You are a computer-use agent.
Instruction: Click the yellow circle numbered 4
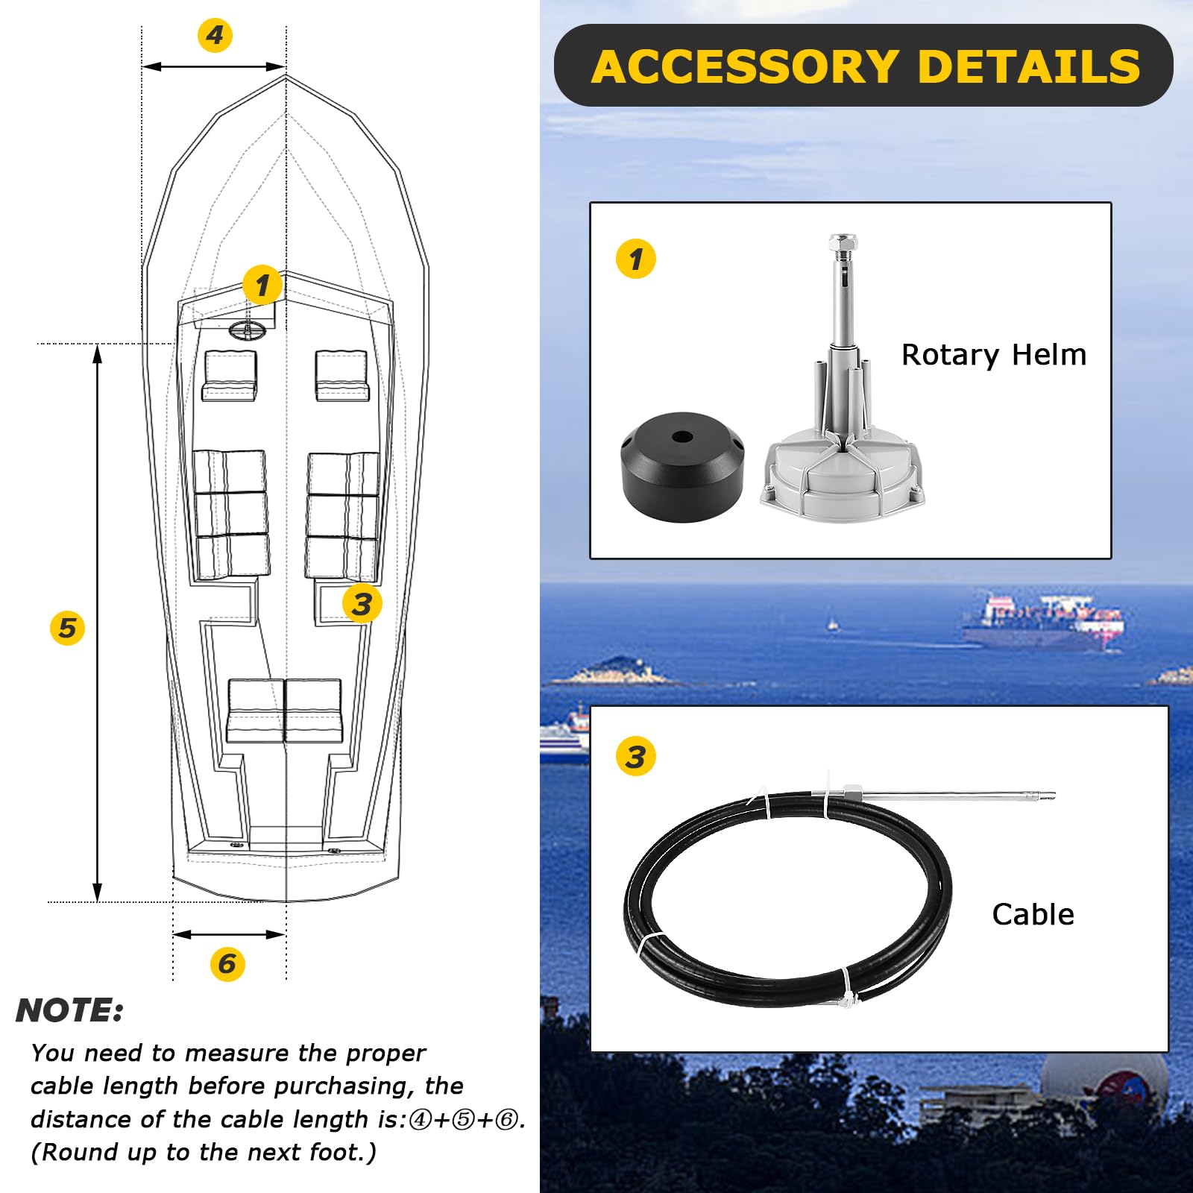tap(215, 35)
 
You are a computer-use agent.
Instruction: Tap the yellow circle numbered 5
tap(67, 628)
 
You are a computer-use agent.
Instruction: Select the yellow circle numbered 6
tap(227, 963)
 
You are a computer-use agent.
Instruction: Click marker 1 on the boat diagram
tap(262, 285)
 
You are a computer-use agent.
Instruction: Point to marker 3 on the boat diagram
tap(362, 604)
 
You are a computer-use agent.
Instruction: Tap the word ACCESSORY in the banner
tap(744, 67)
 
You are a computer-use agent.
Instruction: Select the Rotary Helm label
tap(993, 355)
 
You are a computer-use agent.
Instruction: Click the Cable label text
tap(1033, 915)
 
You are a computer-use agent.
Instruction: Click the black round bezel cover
tap(682, 468)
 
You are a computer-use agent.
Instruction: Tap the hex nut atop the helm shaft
tap(843, 243)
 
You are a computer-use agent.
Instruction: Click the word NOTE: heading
tap(69, 1011)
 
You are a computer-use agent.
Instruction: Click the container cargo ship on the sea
tap(1044, 620)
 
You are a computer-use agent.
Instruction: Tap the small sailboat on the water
tap(832, 623)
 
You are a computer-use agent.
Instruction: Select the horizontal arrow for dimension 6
tap(229, 934)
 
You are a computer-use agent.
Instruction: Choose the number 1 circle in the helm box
tap(636, 259)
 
